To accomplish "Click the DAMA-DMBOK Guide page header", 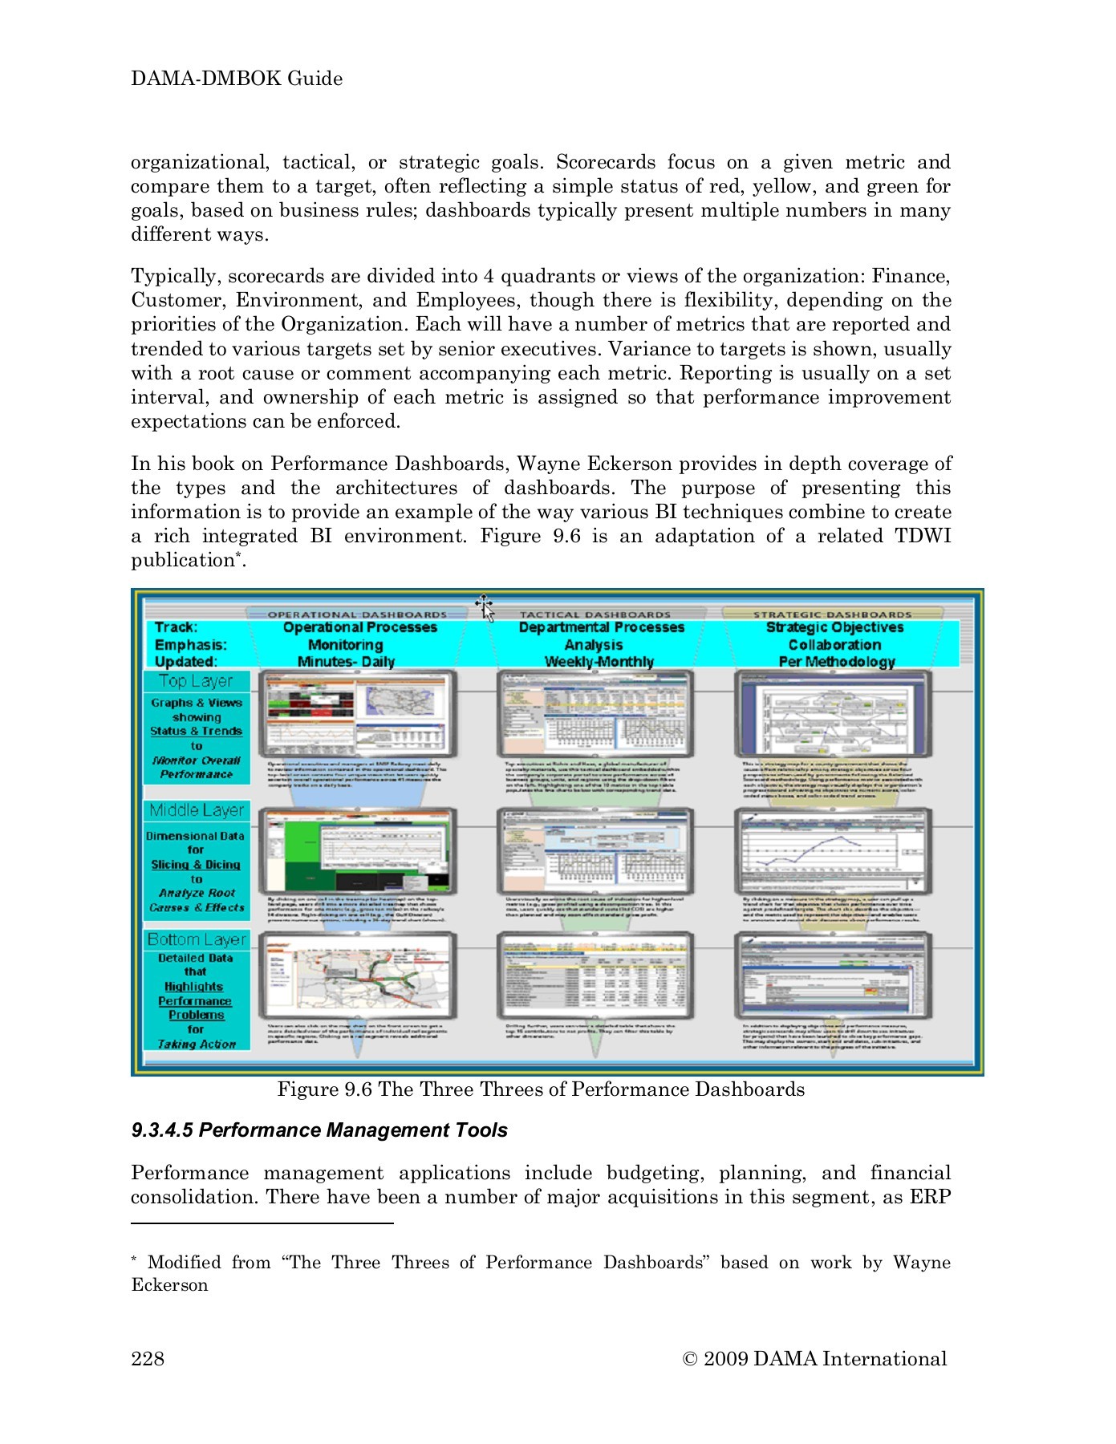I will [x=237, y=79].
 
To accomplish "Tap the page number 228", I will [x=148, y=1357].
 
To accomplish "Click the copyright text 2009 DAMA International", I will [x=814, y=1358].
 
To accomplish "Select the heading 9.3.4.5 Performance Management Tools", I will [x=319, y=1130].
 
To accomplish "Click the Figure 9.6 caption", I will [x=540, y=1089].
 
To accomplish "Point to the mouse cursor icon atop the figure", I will [x=485, y=608].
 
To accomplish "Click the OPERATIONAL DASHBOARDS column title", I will [x=357, y=615].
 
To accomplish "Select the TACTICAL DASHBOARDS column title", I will [x=595, y=615].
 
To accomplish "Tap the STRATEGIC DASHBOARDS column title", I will [x=832, y=615].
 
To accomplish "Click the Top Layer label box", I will [x=196, y=681].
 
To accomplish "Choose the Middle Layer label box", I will [x=197, y=810].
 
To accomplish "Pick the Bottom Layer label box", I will [x=197, y=939].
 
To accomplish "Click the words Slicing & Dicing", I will [x=196, y=865].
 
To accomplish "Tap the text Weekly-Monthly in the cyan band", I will [x=599, y=662].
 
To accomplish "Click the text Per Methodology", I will [x=836, y=662].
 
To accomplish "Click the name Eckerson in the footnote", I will [x=169, y=1284].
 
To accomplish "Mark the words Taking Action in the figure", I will [x=197, y=1044].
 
